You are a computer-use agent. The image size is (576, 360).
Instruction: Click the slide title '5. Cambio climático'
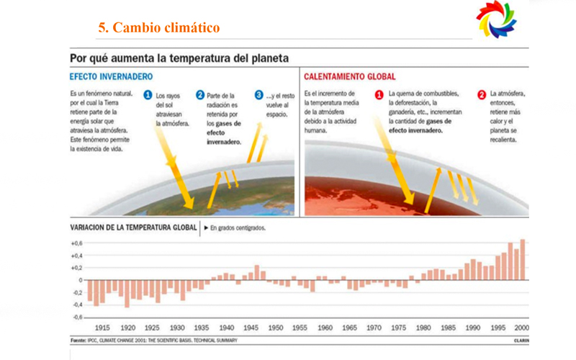click(158, 28)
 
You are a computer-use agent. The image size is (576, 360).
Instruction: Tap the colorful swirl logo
click(496, 22)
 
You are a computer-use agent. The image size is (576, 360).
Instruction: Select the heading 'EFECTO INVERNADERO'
click(111, 76)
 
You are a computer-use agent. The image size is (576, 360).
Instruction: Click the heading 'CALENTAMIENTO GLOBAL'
click(350, 76)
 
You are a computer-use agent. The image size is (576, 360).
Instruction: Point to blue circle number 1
click(148, 94)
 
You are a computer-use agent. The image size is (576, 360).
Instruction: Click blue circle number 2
click(199, 94)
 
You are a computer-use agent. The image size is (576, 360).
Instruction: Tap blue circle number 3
click(258, 94)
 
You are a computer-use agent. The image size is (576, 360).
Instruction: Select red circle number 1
click(379, 94)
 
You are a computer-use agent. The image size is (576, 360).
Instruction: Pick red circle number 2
click(481, 94)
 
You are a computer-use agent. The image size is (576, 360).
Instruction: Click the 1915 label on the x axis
click(102, 327)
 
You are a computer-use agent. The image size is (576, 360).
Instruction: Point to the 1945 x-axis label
click(251, 327)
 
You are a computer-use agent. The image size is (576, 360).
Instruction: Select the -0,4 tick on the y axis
click(76, 305)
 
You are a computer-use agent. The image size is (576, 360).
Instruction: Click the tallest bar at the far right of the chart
click(523, 259)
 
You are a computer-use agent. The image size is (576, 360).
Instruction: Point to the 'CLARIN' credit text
click(521, 339)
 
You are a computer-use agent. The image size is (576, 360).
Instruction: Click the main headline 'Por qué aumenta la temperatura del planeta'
click(179, 57)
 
